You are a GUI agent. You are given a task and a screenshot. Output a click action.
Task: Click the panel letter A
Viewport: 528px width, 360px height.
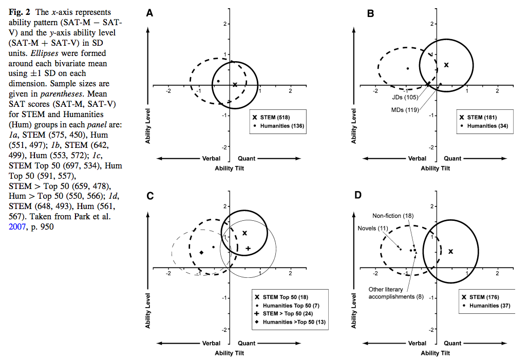[149, 14]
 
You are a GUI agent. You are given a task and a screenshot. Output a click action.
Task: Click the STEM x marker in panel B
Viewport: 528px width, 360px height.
[446, 65]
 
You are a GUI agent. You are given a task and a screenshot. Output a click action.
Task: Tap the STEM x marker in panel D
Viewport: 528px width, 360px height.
[451, 251]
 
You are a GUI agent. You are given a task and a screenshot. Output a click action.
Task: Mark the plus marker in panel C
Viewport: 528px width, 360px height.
[248, 249]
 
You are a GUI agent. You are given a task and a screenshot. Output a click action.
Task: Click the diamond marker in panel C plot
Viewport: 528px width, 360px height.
[202, 252]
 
